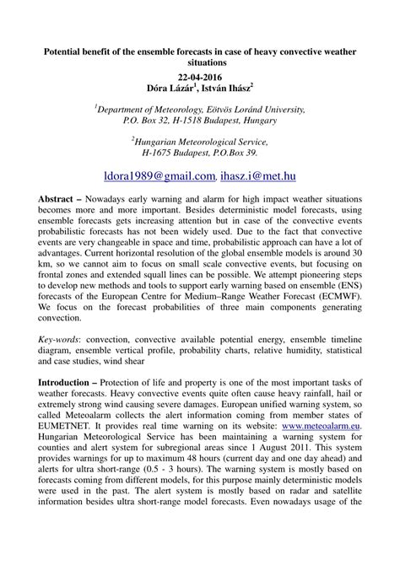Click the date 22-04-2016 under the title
200,76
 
